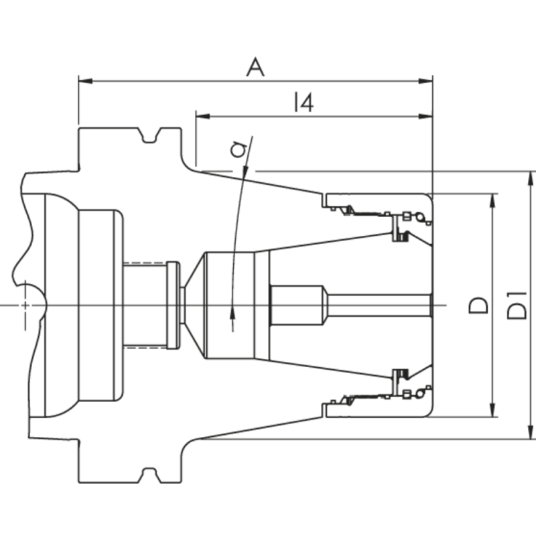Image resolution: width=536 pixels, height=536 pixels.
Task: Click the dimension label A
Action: pos(255,68)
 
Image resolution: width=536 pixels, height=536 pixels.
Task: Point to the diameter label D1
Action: pos(517,306)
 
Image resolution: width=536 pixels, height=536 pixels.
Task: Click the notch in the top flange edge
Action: pos(152,138)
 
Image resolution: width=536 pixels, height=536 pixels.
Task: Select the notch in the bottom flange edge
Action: pos(152,473)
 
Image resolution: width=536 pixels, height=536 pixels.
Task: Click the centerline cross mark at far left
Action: pos(25,306)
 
